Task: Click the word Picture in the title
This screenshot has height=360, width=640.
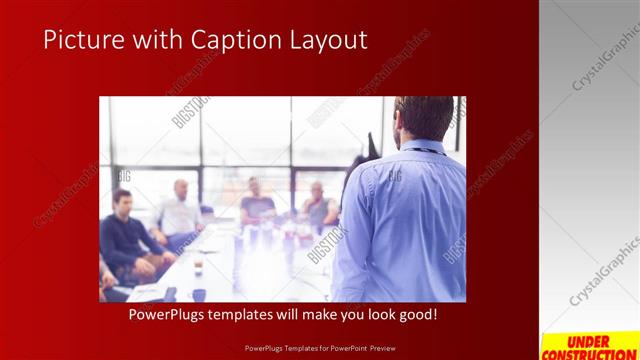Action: [x=83, y=39]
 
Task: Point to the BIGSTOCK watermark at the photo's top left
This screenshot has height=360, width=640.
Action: [x=190, y=112]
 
